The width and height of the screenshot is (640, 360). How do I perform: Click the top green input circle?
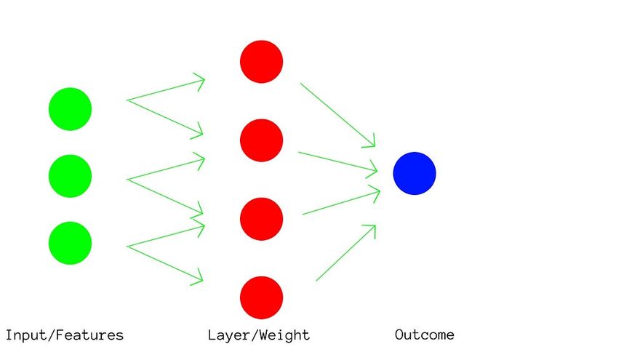click(70, 109)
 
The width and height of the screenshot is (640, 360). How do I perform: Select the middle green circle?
click(70, 176)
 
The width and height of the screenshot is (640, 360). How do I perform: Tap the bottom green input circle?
click(70, 243)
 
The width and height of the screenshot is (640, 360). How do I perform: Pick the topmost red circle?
click(261, 62)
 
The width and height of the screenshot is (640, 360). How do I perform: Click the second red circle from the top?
click(261, 140)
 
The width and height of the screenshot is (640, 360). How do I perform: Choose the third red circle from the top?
click(261, 219)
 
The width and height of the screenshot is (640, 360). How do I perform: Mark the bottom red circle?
click(261, 297)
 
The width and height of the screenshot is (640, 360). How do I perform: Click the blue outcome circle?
click(415, 174)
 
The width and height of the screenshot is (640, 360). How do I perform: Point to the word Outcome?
click(425, 335)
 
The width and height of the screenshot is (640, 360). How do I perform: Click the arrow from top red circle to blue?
click(337, 114)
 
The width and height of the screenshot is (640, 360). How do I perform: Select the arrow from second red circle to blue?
click(337, 162)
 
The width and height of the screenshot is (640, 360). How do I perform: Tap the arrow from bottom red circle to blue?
click(345, 252)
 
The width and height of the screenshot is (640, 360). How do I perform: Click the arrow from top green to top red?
click(166, 90)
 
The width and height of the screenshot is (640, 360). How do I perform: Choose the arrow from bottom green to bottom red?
click(164, 263)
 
